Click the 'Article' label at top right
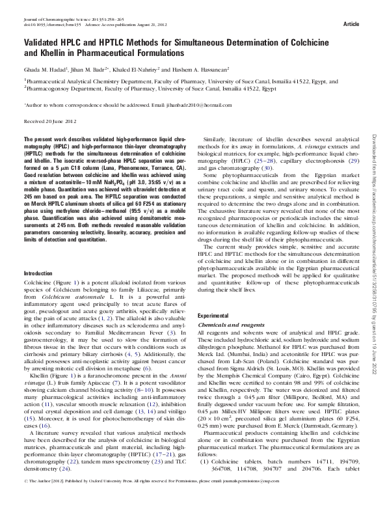351,23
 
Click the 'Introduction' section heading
38,292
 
